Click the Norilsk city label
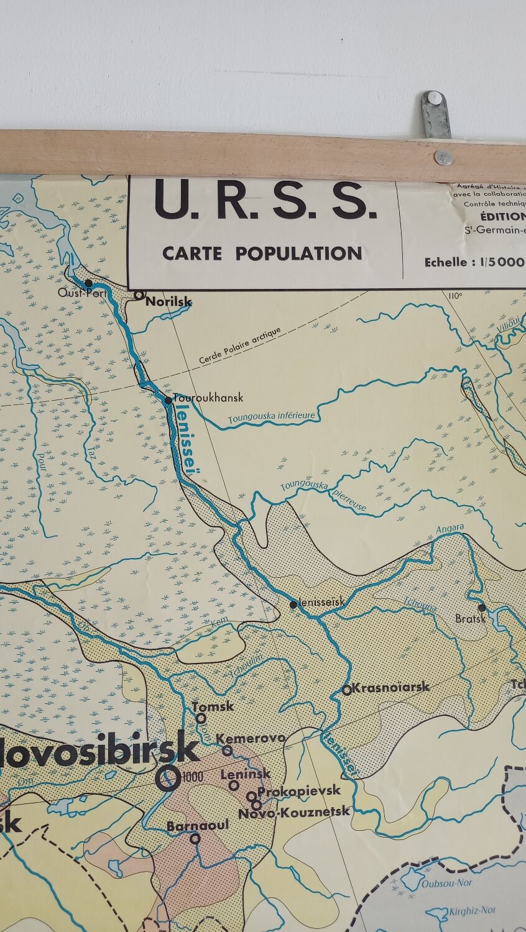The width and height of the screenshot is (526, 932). coord(168,302)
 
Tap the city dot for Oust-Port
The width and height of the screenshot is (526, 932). coord(88,283)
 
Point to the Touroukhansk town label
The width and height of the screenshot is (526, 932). coord(208,398)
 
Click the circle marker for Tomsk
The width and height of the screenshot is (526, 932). coord(201,718)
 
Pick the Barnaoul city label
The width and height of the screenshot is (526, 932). coord(198,826)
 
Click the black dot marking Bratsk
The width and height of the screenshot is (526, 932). coord(481,607)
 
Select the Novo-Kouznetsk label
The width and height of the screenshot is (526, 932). coord(294,811)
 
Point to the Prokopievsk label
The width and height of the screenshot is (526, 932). coord(299,791)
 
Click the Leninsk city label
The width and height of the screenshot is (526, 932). coord(246,774)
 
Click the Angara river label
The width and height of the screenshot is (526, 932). coord(450,529)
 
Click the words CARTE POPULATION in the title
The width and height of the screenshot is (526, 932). coord(262,254)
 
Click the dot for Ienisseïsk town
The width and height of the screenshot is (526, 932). coord(293,604)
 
